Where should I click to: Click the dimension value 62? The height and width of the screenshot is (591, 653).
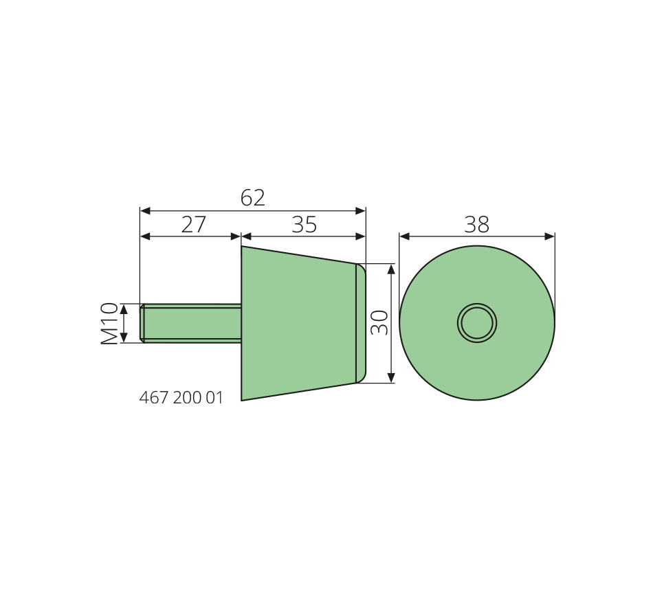[x=253, y=198]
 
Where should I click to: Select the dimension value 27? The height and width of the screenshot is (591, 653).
[x=194, y=225]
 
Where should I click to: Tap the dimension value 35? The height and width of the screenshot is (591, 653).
[x=304, y=225]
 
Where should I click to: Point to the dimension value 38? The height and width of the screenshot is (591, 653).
[x=476, y=225]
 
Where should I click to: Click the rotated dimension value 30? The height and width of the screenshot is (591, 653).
[x=379, y=323]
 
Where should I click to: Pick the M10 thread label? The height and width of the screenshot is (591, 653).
[x=109, y=324]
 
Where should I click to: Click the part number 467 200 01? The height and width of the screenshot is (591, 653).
[x=181, y=398]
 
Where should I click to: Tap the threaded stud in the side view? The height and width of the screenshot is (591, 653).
[x=190, y=323]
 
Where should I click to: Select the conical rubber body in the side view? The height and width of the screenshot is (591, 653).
[x=298, y=323]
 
